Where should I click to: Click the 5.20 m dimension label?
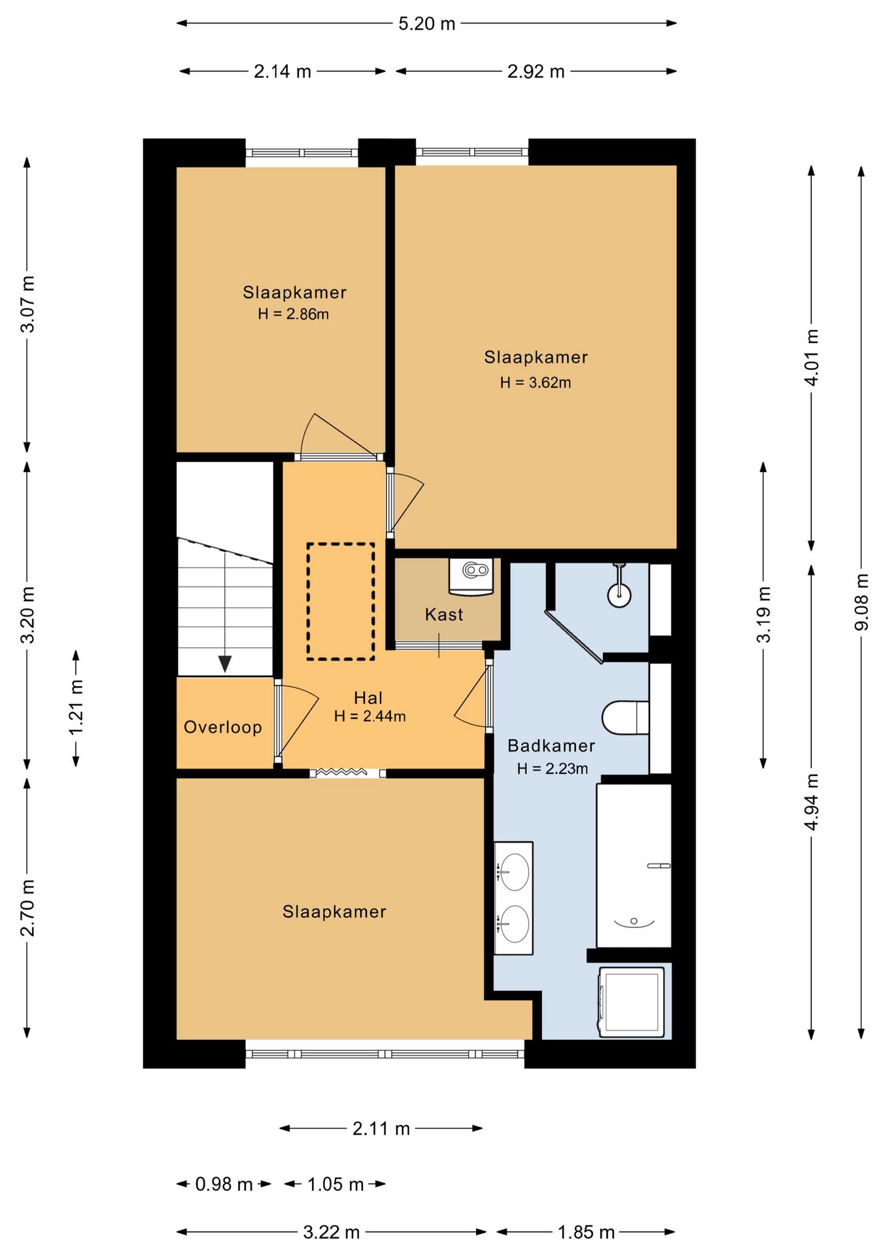click(426, 24)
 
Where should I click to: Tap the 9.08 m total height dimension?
click(862, 602)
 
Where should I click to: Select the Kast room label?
click(444, 614)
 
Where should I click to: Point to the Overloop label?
click(223, 727)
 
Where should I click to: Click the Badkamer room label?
click(551, 746)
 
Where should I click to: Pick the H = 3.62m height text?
click(536, 382)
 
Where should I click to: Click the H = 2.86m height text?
click(294, 314)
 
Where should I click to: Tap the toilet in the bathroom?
click(625, 718)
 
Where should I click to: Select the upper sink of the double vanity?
click(514, 872)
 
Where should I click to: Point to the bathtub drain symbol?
click(634, 922)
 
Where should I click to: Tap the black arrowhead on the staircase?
click(225, 664)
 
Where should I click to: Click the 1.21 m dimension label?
click(77, 707)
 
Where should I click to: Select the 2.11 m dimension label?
click(381, 1128)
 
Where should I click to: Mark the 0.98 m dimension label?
click(224, 1184)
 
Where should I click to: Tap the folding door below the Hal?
click(348, 773)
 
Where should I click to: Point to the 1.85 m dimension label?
click(586, 1232)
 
